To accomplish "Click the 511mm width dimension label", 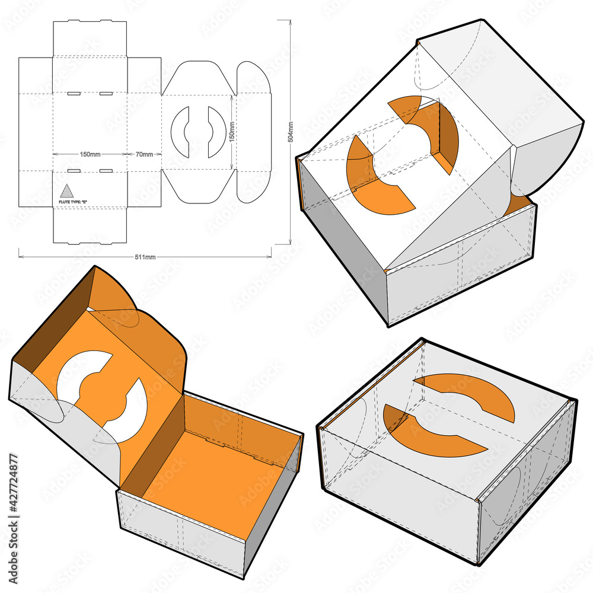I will point(146,257).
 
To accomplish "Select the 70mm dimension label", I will point(144,155).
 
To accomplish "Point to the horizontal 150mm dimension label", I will point(90,155).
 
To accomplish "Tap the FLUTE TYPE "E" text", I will point(74,202).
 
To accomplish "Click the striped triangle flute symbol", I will point(66,191).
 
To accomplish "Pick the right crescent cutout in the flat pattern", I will point(217,132).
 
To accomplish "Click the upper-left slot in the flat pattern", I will point(74,93).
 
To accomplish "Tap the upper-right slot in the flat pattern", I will point(106,93).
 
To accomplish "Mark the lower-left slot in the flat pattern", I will point(74,171).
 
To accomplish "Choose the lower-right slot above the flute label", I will point(106,171).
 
